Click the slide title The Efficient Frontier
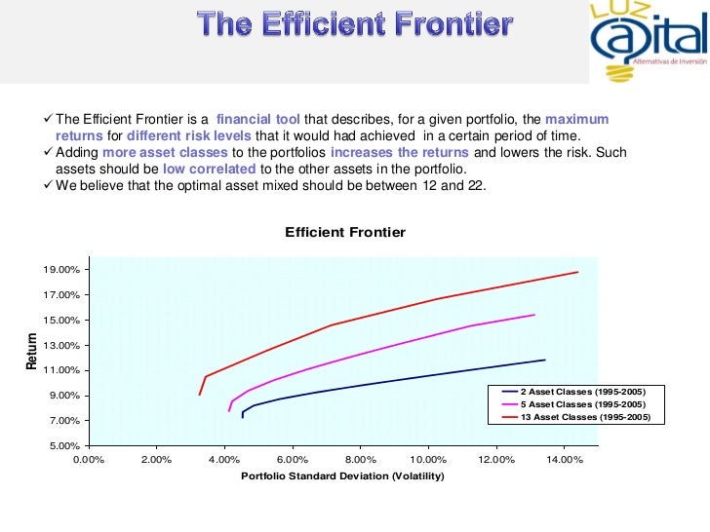pos(354,23)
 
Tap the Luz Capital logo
pos(647,41)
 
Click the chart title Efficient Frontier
pos(344,232)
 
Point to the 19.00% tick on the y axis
pos(61,270)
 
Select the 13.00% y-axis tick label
pos(61,346)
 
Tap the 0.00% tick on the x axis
pos(89,460)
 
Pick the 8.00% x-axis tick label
pos(361,460)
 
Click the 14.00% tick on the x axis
pos(565,460)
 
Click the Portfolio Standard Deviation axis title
pos(342,476)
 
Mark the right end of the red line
pos(578,272)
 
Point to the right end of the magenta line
pos(534,315)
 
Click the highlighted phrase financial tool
pos(259,120)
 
